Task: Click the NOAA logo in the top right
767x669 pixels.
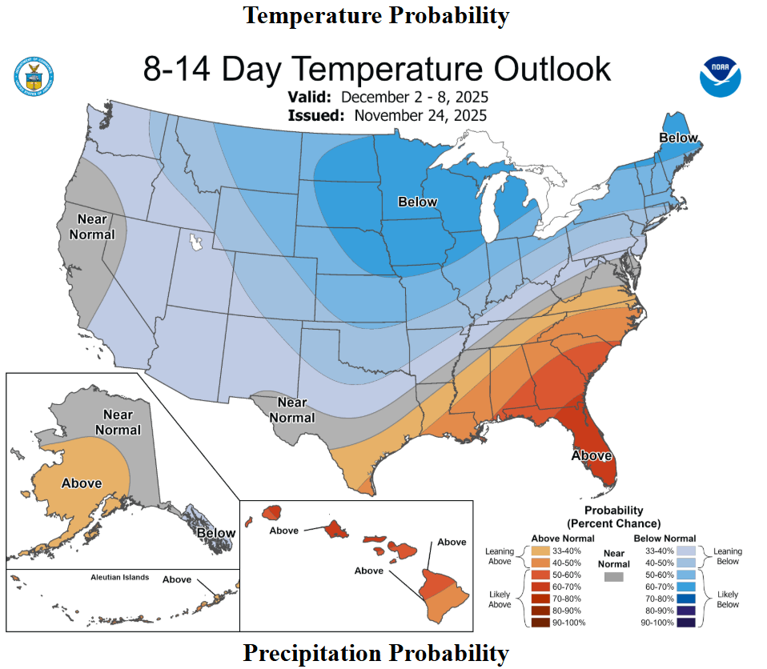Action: [721, 77]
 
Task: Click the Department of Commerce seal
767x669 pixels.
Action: [33, 78]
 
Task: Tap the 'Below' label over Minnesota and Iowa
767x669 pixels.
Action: [418, 202]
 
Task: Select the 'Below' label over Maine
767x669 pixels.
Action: [678, 138]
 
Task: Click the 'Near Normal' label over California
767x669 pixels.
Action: [92, 226]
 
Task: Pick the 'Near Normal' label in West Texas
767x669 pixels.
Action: [291, 410]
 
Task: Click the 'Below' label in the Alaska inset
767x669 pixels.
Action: [216, 533]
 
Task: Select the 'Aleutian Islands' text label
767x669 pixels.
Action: [119, 577]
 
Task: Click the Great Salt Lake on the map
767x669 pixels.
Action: [194, 238]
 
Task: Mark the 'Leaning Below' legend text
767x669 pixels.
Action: [728, 556]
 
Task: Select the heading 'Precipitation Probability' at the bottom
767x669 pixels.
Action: [375, 653]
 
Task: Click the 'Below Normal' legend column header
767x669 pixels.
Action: [665, 539]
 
